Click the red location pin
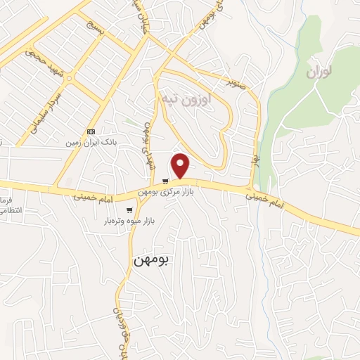[181, 165]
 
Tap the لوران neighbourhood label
[319, 72]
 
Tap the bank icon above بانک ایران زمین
[90, 131]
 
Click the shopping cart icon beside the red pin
[165, 180]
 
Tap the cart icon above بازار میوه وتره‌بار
[129, 210]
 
